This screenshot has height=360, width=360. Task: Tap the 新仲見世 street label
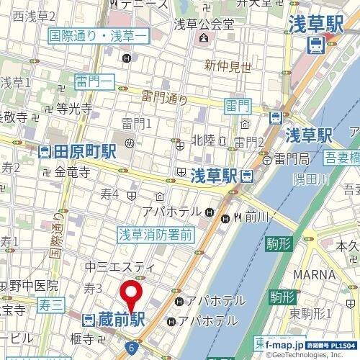(228, 66)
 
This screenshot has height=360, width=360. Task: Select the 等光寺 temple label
(75, 110)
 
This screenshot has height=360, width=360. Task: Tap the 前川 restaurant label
(256, 217)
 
